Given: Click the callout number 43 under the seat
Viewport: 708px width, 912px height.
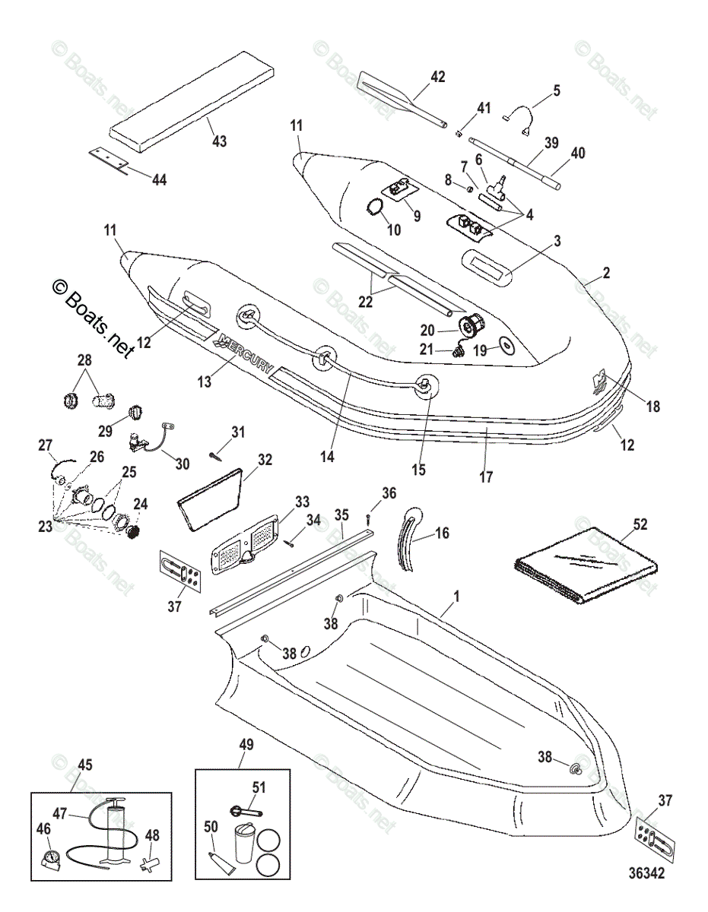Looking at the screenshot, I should pyautogui.click(x=218, y=141).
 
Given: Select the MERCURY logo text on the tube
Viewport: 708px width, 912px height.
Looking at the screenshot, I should pyautogui.click(x=245, y=351).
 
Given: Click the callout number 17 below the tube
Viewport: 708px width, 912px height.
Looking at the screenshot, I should pyautogui.click(x=486, y=477).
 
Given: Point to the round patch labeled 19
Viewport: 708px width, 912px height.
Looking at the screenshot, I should pyautogui.click(x=503, y=347).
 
